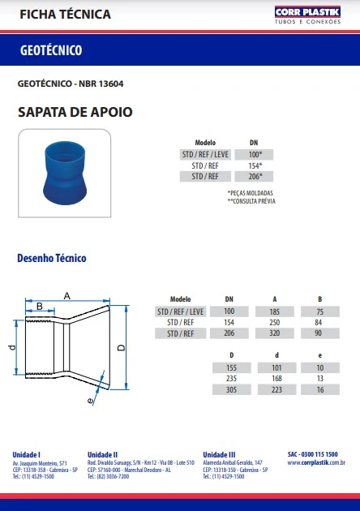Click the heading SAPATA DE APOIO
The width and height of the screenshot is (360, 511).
[75, 112]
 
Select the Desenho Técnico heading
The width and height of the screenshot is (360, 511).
[52, 259]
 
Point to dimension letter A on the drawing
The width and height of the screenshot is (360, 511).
[67, 294]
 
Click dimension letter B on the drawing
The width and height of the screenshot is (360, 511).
[38, 306]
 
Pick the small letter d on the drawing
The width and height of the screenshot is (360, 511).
[11, 347]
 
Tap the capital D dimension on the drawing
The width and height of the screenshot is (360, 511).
[121, 348]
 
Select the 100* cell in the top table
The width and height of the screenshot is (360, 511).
[254, 154]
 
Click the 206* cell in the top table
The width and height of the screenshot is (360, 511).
[254, 176]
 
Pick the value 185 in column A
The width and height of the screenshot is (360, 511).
[276, 311]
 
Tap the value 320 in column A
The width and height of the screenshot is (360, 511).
[276, 333]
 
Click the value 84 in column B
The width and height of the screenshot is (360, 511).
[320, 322]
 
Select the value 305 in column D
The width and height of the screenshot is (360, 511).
[231, 390]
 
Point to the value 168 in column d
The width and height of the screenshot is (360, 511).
[276, 379]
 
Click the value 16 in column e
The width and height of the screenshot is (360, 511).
[320, 390]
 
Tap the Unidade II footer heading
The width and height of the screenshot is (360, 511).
[103, 454]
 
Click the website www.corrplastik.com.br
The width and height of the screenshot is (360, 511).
[317, 462]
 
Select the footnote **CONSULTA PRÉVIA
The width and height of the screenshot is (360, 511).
[251, 199]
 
